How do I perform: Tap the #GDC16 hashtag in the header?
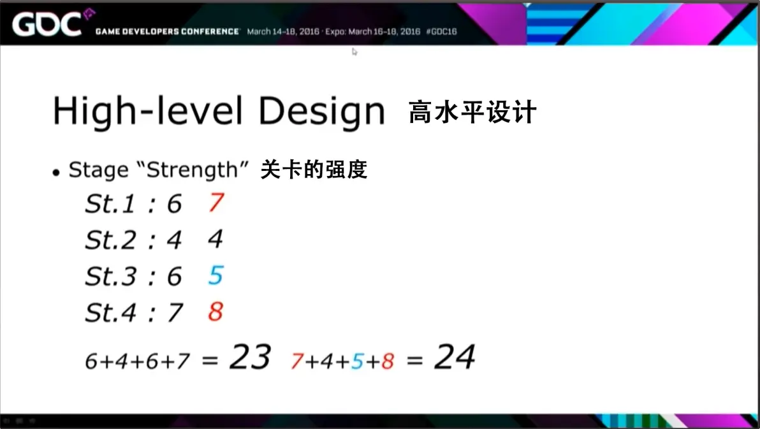pyautogui.click(x=441, y=31)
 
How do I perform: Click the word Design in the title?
pyautogui.click(x=321, y=112)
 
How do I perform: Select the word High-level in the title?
pyautogui.click(x=148, y=111)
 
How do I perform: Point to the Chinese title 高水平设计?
pyautogui.click(x=472, y=112)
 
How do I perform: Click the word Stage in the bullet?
pyautogui.click(x=98, y=171)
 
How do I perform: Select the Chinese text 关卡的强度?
pyautogui.click(x=314, y=169)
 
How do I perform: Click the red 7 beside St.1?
pyautogui.click(x=216, y=202)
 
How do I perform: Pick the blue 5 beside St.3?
pyautogui.click(x=216, y=275)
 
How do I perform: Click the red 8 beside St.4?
pyautogui.click(x=216, y=311)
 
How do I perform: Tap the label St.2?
pyautogui.click(x=110, y=240)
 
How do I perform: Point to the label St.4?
pyautogui.click(x=110, y=312)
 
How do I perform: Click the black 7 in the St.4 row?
pyautogui.click(x=175, y=312)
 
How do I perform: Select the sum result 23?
pyautogui.click(x=250, y=357)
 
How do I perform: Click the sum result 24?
pyautogui.click(x=455, y=357)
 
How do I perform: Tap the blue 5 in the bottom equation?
pyautogui.click(x=358, y=361)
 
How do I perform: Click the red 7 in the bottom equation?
pyautogui.click(x=297, y=361)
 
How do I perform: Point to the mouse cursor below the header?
pyautogui.click(x=354, y=52)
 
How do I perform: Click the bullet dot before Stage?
pyautogui.click(x=56, y=173)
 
